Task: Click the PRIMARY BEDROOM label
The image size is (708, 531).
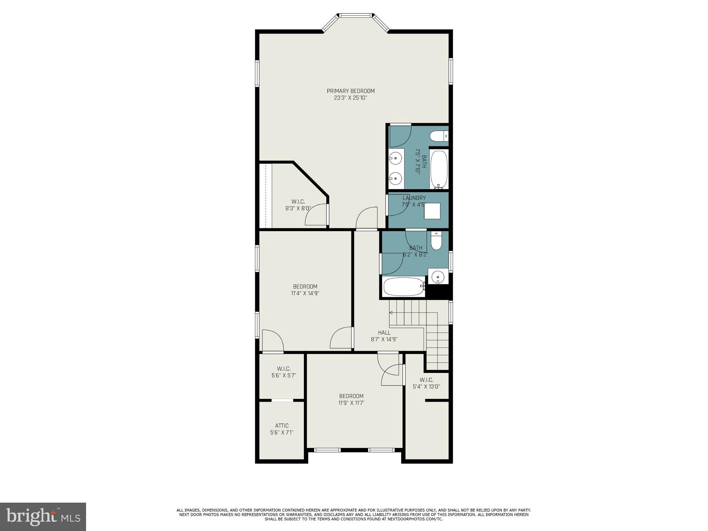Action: pos(351,91)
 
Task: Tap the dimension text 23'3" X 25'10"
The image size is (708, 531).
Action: pos(351,98)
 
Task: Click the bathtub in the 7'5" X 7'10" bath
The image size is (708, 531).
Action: pos(439,170)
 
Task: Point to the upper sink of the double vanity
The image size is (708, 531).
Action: pos(395,158)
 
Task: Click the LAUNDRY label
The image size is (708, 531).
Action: pos(414,198)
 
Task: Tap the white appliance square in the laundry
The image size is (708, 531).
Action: pos(432,211)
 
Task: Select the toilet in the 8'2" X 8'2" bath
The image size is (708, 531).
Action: pos(436,241)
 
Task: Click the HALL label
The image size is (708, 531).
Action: pos(384,332)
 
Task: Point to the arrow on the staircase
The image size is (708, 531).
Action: pos(391,313)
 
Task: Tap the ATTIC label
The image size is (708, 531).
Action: pos(282,425)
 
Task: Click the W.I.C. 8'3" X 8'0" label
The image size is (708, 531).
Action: pos(298,205)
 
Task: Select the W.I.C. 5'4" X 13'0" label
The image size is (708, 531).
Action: pos(426,383)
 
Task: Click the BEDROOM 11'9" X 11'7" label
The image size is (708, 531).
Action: pos(351,399)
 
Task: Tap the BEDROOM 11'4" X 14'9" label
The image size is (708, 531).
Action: pos(305,290)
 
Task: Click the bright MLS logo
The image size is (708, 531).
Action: pos(43,516)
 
